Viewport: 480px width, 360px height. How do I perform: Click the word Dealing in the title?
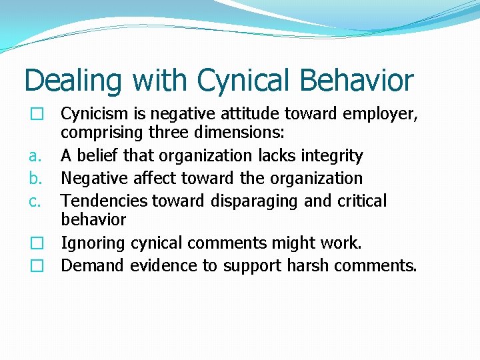click(x=73, y=81)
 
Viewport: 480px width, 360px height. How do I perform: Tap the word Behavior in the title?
click(x=357, y=80)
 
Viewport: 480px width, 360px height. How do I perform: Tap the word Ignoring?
click(x=93, y=243)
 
